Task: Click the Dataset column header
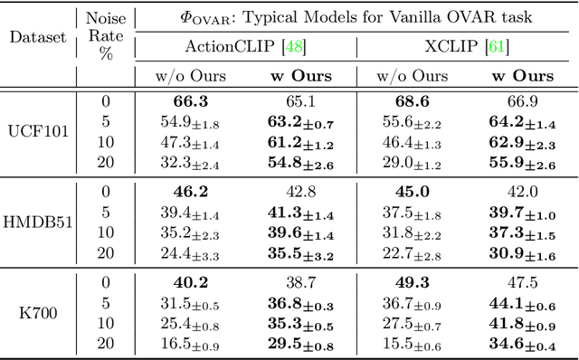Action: (39, 38)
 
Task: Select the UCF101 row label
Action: (39, 129)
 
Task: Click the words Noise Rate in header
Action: (107, 28)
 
